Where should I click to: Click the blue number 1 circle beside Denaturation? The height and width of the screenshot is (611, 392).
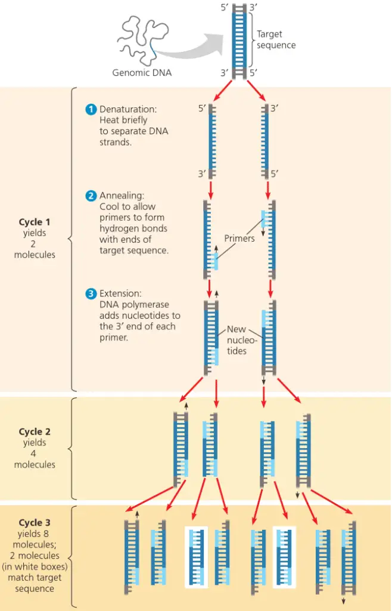pos(91,109)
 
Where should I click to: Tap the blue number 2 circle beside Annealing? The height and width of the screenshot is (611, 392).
pos(91,196)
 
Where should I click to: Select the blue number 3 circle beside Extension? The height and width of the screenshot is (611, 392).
pos(91,294)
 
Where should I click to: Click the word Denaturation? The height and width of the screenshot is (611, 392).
pos(127,110)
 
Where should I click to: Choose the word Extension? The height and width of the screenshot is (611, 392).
pos(120,294)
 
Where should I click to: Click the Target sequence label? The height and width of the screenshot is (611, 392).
pos(276,40)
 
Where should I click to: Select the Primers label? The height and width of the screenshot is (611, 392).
pos(239,239)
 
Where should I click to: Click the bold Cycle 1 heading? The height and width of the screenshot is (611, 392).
pos(35,223)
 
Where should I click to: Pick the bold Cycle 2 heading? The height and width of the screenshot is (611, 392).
pos(35,431)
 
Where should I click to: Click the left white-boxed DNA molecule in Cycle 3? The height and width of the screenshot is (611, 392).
pos(197,557)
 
